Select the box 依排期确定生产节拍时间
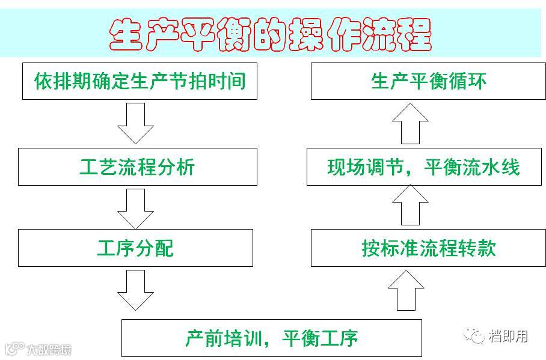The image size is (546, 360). click(140, 81)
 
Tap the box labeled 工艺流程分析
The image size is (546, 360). click(137, 166)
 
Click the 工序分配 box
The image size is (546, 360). click(135, 248)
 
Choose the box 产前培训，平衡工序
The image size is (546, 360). click(271, 338)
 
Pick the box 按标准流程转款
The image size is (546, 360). click(428, 248)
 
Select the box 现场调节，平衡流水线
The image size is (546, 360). click(423, 166)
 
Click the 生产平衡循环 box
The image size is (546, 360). click(428, 81)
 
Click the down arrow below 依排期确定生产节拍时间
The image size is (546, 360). click(135, 124)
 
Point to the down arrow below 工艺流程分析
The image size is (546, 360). click(135, 208)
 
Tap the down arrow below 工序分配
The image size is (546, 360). click(135, 290)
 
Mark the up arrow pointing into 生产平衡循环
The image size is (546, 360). click(410, 123)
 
